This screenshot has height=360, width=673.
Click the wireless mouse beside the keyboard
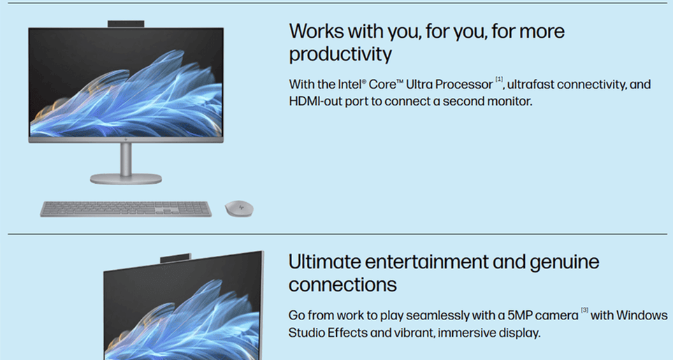[239, 208]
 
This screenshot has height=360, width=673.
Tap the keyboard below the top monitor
[126, 209]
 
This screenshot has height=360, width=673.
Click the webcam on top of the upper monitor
[126, 24]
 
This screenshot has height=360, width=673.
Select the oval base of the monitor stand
[126, 178]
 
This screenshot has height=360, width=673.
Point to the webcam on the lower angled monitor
[175, 258]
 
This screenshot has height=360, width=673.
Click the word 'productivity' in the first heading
[340, 55]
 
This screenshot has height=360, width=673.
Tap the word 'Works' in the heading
[316, 31]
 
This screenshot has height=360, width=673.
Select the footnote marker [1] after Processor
[499, 79]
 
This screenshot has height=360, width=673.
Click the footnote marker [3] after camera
[584, 310]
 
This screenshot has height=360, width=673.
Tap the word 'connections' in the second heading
[342, 285]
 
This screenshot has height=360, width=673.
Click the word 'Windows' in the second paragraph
[642, 315]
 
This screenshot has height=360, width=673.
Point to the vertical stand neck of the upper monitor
[126, 159]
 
